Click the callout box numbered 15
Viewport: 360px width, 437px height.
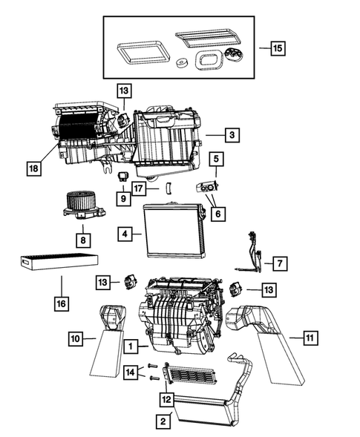pyautogui.click(x=276, y=48)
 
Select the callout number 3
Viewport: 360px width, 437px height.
pyautogui.click(x=233, y=135)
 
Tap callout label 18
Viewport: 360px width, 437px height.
pyautogui.click(x=32, y=168)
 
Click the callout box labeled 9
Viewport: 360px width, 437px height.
pyautogui.click(x=123, y=198)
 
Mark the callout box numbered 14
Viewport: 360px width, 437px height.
pyautogui.click(x=131, y=371)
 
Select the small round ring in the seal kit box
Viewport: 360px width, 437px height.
pyautogui.click(x=181, y=63)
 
